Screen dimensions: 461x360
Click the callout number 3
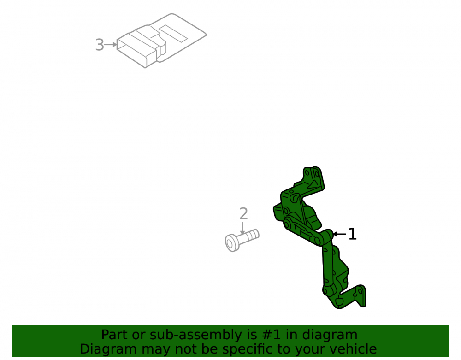[100, 45]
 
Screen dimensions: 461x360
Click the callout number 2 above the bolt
[243, 213]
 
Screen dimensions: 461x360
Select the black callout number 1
[353, 234]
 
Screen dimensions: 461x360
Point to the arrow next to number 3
[111, 45]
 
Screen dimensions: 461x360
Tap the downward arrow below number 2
[242, 228]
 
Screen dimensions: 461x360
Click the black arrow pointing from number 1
[339, 234]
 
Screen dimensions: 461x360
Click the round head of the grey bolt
[232, 243]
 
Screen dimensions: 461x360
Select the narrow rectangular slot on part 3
[173, 33]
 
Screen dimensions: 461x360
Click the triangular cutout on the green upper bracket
[312, 184]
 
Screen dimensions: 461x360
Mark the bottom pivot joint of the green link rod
[329, 291]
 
